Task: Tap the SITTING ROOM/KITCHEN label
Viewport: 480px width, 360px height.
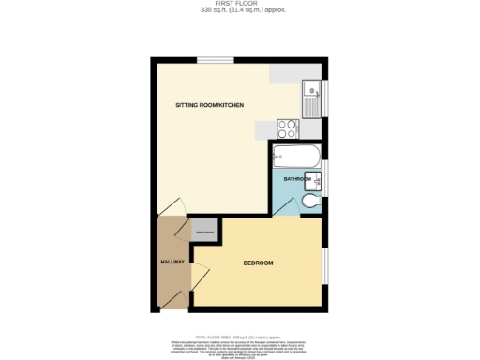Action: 210,105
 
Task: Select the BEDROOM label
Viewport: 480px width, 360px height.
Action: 258,262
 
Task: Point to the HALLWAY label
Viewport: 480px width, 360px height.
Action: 172,262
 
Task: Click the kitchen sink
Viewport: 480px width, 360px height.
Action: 312,92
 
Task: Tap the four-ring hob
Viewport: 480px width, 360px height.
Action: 288,129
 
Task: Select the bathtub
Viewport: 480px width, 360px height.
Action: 296,157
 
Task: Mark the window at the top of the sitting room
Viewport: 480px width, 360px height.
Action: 215,60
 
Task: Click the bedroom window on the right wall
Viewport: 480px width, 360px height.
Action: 324,265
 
